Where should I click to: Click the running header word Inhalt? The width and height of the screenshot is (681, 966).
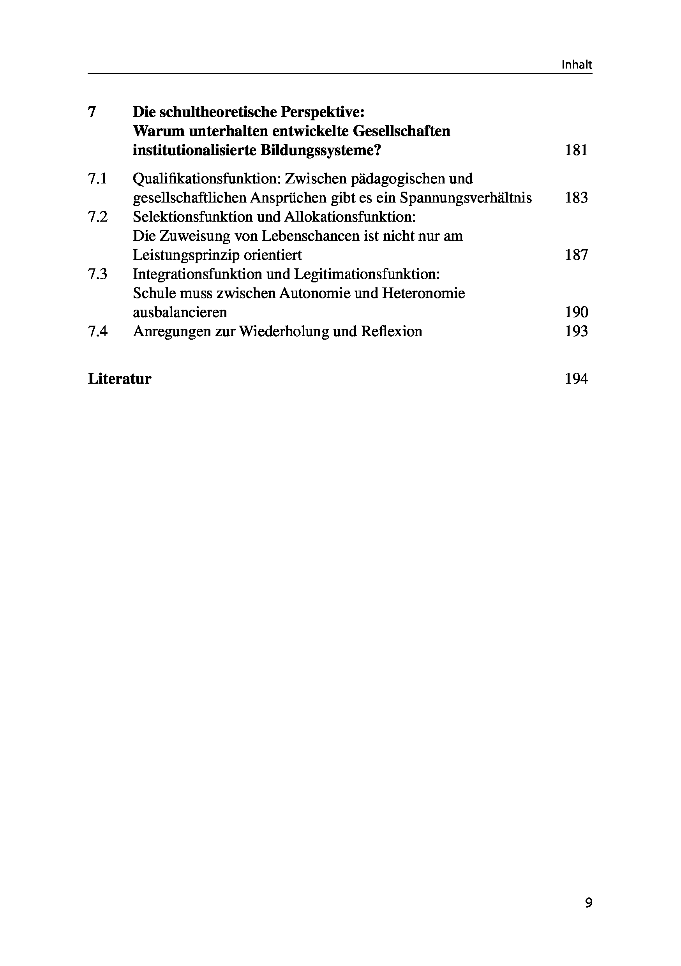click(577, 65)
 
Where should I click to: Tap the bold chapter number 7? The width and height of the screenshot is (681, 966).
click(92, 112)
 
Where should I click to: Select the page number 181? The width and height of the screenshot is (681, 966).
click(576, 150)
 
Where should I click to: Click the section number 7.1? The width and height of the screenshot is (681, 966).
click(97, 179)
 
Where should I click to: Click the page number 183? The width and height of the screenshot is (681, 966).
click(576, 198)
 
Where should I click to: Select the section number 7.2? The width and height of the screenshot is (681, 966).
click(97, 217)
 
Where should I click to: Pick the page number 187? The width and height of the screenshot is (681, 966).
click(576, 255)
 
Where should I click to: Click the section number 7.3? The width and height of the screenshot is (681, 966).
click(97, 274)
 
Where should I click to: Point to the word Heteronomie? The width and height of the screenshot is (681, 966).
click(423, 293)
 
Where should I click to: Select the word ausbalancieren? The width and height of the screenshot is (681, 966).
click(180, 312)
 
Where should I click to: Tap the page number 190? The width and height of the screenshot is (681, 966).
click(576, 312)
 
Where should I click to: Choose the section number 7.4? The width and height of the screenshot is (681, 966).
click(97, 331)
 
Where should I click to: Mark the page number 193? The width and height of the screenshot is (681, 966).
click(576, 331)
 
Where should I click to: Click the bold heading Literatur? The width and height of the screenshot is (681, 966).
click(119, 379)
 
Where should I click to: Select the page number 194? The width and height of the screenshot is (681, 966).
click(576, 379)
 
